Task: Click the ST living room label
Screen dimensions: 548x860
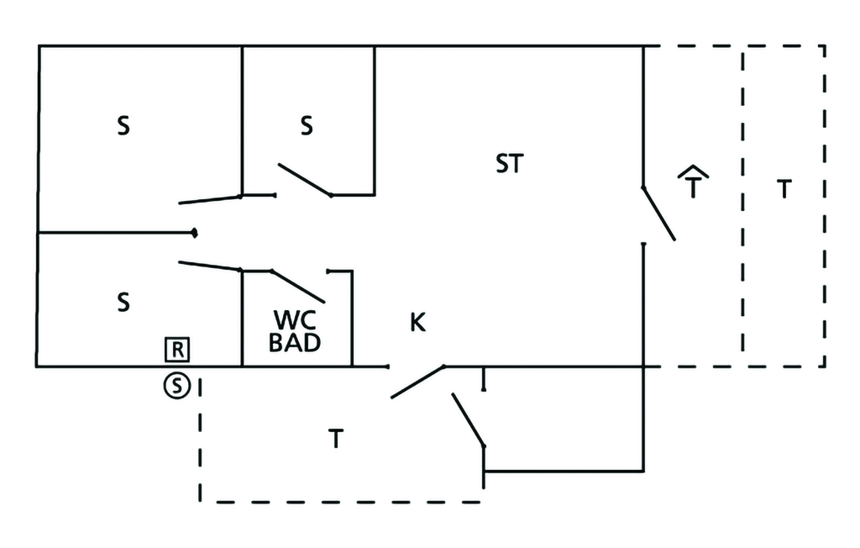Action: [x=509, y=164]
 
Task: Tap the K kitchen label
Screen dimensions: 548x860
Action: [x=417, y=322]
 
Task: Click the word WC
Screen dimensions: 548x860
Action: [x=294, y=320]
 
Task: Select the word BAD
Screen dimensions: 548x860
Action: [x=295, y=342]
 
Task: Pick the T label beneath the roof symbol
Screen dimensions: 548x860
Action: [x=693, y=189]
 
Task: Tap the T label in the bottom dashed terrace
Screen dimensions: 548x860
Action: [x=335, y=439]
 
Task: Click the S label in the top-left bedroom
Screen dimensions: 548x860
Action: [x=123, y=128]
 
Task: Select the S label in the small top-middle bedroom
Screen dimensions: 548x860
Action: [x=307, y=126]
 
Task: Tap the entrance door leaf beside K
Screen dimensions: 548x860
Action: [x=417, y=382]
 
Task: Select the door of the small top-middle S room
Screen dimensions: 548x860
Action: [x=304, y=179]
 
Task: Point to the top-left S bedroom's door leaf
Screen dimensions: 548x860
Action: [x=210, y=200]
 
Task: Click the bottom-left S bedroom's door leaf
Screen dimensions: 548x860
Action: [x=210, y=266]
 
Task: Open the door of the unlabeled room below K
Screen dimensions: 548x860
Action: [x=469, y=420]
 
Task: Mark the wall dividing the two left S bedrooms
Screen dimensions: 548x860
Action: [x=116, y=232]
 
